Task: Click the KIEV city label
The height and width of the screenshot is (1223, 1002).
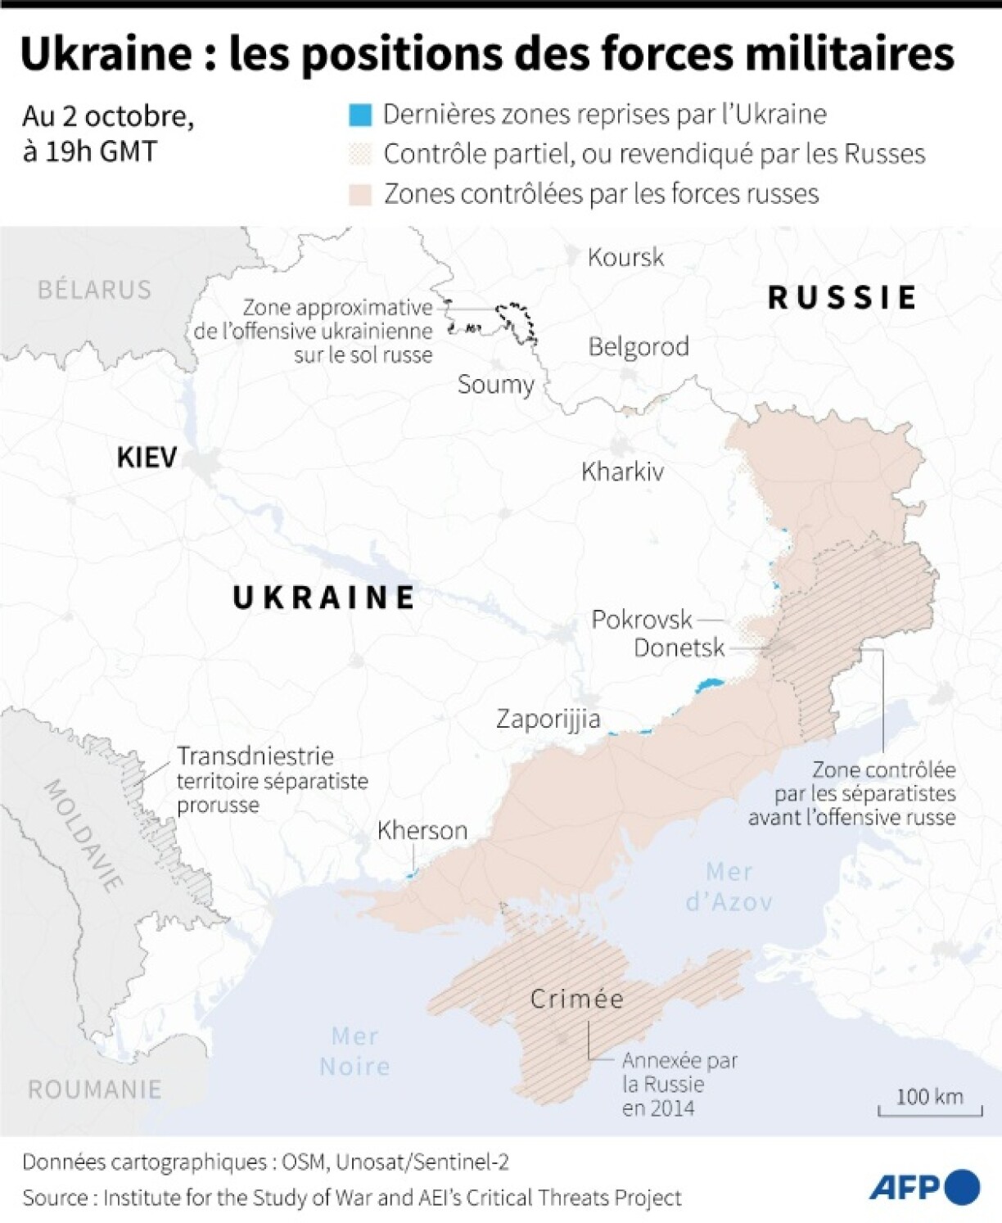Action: coord(147,457)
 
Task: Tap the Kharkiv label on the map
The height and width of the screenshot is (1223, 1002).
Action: coord(622,472)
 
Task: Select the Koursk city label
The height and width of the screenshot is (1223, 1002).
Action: coord(625,257)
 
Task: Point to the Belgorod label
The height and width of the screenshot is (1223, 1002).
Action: coord(639,346)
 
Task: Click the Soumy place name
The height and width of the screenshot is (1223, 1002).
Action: coord(495,384)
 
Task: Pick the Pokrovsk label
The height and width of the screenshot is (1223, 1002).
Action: coord(642,619)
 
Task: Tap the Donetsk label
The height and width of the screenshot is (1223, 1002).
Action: coord(679,648)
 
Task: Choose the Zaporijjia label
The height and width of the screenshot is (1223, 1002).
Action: coord(548,719)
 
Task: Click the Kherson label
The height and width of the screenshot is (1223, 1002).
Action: coord(422,830)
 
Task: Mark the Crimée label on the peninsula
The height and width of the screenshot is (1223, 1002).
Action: coord(577,999)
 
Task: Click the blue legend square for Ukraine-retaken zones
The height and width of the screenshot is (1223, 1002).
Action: coord(360,115)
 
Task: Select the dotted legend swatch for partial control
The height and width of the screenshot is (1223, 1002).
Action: coord(360,154)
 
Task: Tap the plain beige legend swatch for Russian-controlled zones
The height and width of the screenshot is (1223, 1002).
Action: coord(360,194)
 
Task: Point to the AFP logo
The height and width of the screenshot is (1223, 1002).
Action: coord(923,1187)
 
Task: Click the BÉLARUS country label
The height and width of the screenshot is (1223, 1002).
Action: coord(94,290)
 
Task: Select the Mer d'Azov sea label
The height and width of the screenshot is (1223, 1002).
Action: coord(729,887)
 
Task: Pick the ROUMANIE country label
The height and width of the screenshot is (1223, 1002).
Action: coord(94,1090)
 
